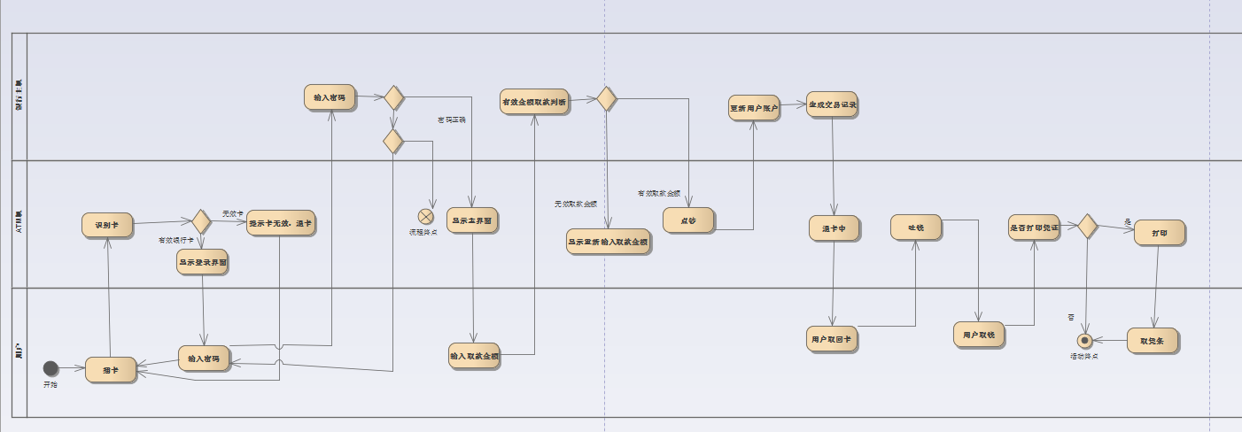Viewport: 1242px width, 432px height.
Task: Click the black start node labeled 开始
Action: (x=50, y=368)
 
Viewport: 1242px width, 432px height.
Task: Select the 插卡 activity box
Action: (x=111, y=369)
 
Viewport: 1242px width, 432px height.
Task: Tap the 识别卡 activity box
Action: (x=106, y=225)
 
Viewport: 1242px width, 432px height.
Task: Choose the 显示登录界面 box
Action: (x=202, y=263)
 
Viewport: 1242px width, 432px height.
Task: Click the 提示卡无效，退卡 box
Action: (x=280, y=222)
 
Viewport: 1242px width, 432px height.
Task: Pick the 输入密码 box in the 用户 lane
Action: (x=204, y=358)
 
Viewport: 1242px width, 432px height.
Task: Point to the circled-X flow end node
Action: (x=426, y=215)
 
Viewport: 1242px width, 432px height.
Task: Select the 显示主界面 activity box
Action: (x=471, y=220)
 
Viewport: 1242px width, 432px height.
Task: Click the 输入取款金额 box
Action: (x=474, y=355)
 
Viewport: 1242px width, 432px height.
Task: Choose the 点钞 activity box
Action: (x=688, y=220)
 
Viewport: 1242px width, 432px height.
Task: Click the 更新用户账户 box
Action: (x=754, y=108)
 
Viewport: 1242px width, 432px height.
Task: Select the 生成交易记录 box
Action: (x=832, y=104)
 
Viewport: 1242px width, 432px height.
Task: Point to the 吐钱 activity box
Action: (x=916, y=228)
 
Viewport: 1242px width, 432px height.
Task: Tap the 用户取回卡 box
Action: (x=833, y=338)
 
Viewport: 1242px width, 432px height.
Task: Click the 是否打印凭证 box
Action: (x=1034, y=228)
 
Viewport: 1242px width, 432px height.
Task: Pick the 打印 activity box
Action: (x=1159, y=232)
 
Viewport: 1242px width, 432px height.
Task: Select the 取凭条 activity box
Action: (x=1153, y=340)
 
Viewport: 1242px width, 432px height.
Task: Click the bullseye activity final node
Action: (x=1083, y=340)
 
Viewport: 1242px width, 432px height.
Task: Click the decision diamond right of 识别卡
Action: (x=201, y=221)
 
